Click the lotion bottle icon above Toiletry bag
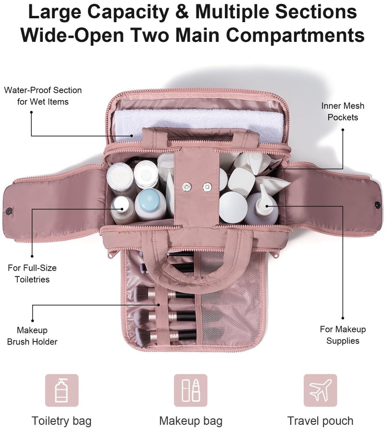click(x=62, y=390)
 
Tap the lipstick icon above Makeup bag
click(x=195, y=390)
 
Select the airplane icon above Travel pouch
click(x=320, y=391)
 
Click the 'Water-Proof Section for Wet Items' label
click(x=43, y=96)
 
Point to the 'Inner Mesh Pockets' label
click(x=343, y=112)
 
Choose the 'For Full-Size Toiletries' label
click(x=32, y=274)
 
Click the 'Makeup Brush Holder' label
click(x=32, y=336)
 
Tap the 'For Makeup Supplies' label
click(x=343, y=335)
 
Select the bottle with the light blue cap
click(x=151, y=204)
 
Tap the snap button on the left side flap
click(x=9, y=211)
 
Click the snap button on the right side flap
click(x=377, y=205)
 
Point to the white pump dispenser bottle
click(x=262, y=206)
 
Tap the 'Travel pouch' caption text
click(x=320, y=421)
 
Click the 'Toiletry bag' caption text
click(x=62, y=421)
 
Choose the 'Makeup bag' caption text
click(x=191, y=421)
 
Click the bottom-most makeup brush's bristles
click(x=143, y=337)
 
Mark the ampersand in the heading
click(x=182, y=12)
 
